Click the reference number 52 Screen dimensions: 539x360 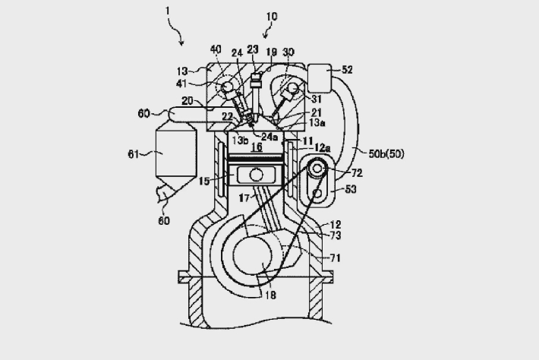[x=347, y=70]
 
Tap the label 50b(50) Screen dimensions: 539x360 [x=386, y=153]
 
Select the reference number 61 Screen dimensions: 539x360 [x=134, y=154]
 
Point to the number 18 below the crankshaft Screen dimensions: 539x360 [x=270, y=295]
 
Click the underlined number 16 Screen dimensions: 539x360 [x=257, y=147]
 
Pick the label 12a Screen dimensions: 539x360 [x=323, y=148]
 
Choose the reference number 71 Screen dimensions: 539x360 [x=335, y=257]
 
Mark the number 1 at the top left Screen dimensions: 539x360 [x=168, y=11]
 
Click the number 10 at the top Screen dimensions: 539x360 [x=272, y=17]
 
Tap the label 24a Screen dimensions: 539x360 [x=269, y=137]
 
